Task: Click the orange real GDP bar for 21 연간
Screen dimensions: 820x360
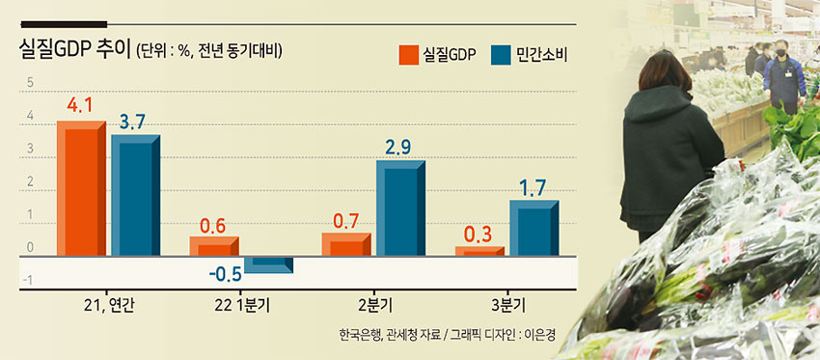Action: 81,188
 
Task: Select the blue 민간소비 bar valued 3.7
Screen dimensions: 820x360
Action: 135,195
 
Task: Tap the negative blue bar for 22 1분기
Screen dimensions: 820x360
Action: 269,264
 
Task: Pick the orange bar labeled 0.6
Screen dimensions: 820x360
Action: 214,246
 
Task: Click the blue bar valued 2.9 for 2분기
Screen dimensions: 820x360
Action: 400,208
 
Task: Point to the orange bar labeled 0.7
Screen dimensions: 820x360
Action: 346,244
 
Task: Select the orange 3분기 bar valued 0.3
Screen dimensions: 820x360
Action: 479,251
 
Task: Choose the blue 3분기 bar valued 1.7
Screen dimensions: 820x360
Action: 533,228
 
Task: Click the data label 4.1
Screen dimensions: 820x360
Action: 79,105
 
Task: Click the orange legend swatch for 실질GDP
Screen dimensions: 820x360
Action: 408,55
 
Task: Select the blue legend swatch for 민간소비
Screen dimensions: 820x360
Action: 501,55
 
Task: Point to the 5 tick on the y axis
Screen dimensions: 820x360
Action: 30,83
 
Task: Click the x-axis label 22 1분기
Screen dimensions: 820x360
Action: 241,305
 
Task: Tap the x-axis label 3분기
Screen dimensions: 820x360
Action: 506,305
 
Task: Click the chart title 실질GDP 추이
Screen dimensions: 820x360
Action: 75,51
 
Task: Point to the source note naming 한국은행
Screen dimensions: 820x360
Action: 358,334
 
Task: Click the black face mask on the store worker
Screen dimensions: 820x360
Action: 780,52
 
